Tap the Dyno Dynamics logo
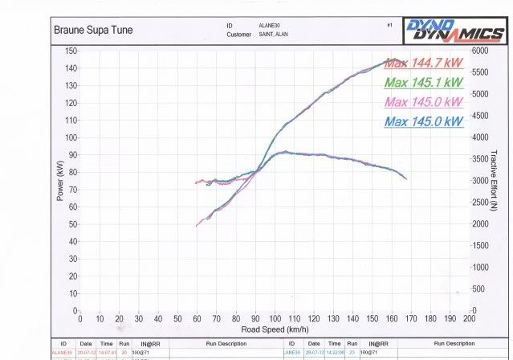454,31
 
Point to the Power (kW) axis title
60,180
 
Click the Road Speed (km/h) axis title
275,329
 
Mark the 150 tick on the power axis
70,51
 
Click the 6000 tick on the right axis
480,51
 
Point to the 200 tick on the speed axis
470,318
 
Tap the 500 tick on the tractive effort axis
478,288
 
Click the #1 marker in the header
389,25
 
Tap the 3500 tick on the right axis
480,158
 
